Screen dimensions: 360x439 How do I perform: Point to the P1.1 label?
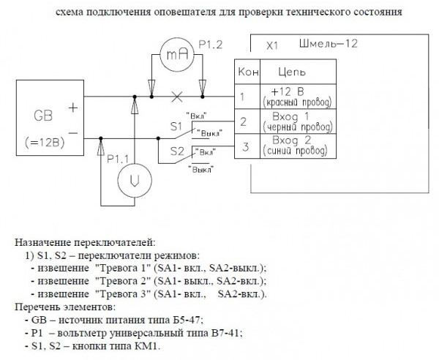coord(119,157)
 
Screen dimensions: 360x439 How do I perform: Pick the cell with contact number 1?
coord(244,95)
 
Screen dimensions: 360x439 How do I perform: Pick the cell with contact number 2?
coord(244,121)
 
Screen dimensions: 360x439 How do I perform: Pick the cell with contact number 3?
coord(244,146)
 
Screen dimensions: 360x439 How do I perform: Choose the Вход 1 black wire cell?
coord(291,121)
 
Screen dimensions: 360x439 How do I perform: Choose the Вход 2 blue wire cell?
coord(291,146)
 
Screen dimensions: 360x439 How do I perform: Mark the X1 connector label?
coord(272,45)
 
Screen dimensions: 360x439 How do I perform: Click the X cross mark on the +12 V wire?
coord(176,96)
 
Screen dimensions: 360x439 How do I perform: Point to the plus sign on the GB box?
coord(73,107)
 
